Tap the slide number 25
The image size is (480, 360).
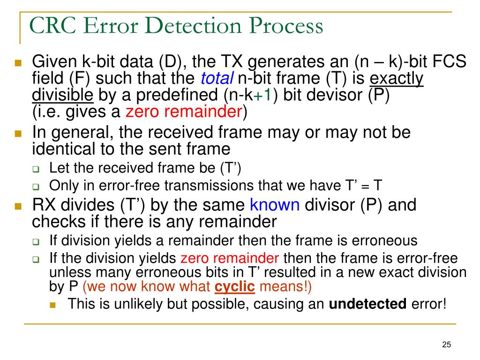point(446,345)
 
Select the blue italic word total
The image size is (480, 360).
point(217,79)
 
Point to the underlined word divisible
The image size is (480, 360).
point(63,95)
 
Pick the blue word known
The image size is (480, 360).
point(275,205)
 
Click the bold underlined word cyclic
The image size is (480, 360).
point(235,286)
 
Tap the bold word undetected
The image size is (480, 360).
point(368,304)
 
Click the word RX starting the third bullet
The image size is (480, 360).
point(45,205)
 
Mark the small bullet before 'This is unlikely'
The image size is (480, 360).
point(52,305)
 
